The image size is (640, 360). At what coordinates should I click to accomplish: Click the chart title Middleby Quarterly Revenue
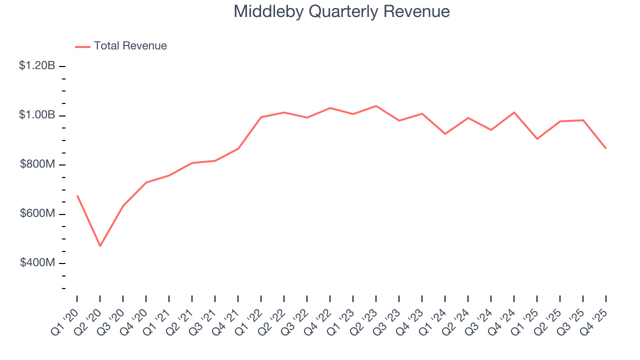coord(341,12)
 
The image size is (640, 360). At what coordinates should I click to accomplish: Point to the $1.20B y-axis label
coord(37,65)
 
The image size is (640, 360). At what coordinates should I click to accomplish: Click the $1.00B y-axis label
coord(37,115)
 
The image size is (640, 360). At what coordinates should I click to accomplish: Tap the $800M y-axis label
coord(37,164)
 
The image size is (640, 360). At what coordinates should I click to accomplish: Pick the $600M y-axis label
coord(37,213)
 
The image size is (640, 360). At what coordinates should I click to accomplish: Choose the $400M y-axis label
coord(37,263)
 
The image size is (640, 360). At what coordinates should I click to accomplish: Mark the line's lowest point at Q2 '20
coord(100,246)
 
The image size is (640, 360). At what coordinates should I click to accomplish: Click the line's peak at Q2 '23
coord(376,106)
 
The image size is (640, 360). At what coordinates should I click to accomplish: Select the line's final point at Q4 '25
coord(606,148)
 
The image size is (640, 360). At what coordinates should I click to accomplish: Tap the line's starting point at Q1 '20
coord(77,195)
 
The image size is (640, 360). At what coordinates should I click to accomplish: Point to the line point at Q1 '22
coord(261,117)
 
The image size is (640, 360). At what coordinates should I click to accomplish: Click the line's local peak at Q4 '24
coord(514,112)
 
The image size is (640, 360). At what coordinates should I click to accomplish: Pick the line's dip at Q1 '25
coord(537,139)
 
